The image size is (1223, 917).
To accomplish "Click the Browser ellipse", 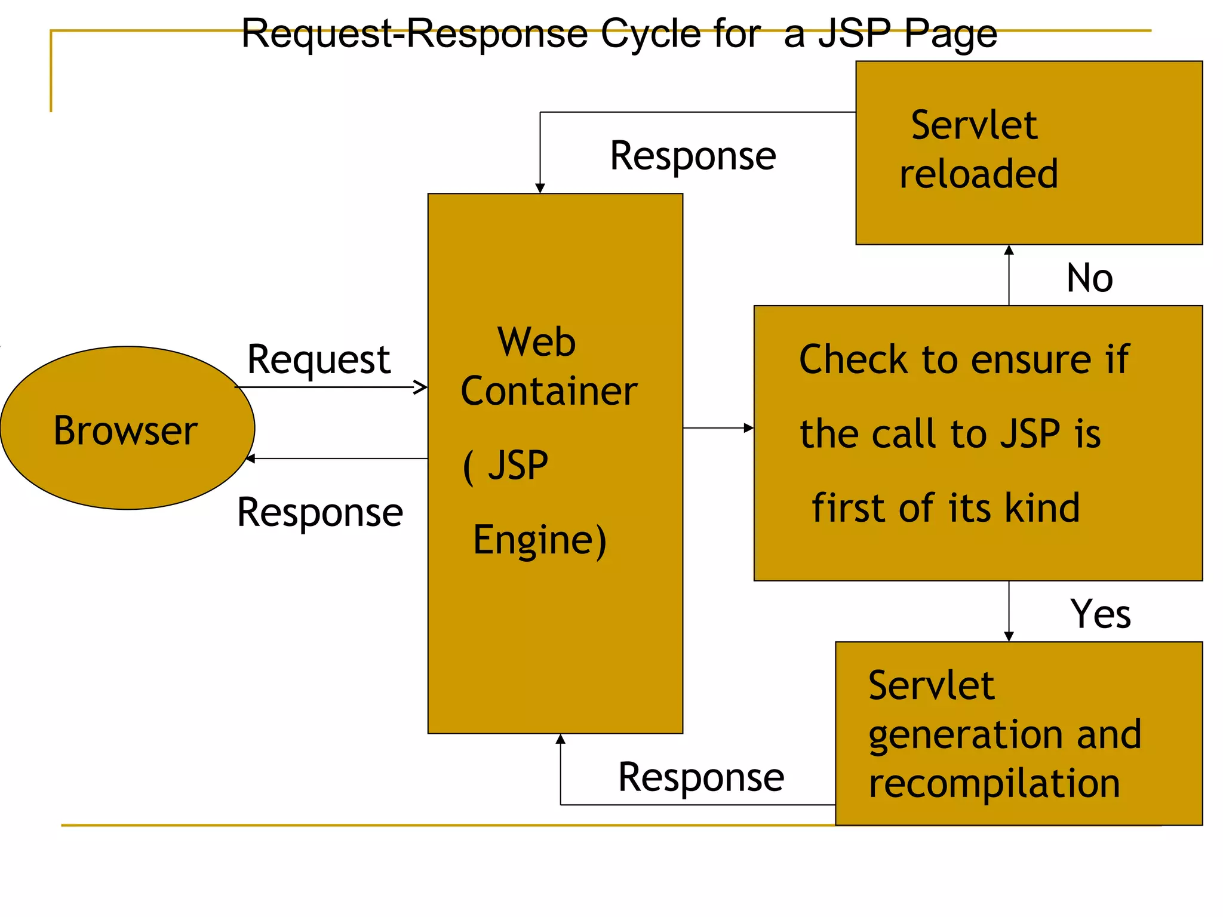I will (127, 428).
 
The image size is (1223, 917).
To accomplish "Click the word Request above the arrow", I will (318, 359).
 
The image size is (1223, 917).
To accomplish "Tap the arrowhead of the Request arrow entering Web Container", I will (422, 387).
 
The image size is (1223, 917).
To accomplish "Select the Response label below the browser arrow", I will (320, 512).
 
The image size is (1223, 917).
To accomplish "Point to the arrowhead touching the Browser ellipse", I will (250, 458).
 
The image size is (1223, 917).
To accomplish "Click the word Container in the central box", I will (549, 391).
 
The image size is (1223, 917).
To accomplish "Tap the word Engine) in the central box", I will (540, 539).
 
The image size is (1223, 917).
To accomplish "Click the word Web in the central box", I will (536, 342).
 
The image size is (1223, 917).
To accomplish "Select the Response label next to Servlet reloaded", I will (693, 156).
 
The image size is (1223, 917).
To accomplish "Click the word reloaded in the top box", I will (979, 174).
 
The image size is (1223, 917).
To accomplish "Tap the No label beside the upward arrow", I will (1090, 278).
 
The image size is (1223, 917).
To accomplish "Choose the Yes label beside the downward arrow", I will (1100, 614).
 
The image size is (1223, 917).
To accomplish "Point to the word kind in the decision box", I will (1042, 508).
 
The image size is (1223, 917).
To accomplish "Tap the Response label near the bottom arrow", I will (701, 777).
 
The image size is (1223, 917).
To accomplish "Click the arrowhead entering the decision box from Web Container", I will (749, 428).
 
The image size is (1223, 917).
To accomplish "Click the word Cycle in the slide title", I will (651, 33).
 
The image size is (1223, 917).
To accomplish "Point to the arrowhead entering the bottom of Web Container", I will (560, 739).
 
